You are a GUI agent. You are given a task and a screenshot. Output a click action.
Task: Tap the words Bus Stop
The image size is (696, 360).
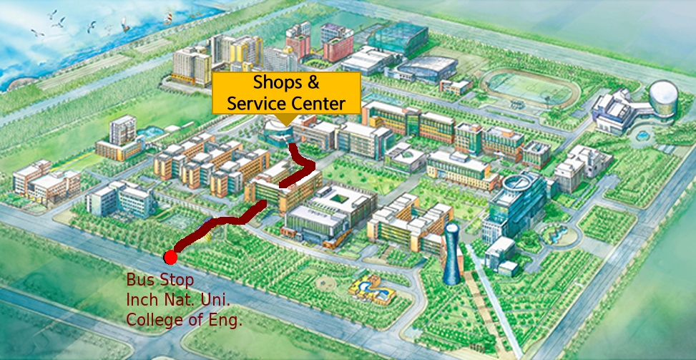pyautogui.click(x=160, y=279)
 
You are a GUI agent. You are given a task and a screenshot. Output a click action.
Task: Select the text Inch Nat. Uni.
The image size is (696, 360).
pyautogui.click(x=178, y=299)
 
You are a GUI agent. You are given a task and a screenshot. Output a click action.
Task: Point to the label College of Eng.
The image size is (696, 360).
pyautogui.click(x=184, y=319)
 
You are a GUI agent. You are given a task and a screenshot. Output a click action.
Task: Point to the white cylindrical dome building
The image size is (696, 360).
pyautogui.click(x=663, y=100)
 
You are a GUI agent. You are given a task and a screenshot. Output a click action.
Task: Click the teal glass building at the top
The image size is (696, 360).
pyautogui.click(x=397, y=36)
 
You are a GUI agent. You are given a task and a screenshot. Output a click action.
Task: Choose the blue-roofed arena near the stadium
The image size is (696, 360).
pyautogui.click(x=426, y=68)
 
